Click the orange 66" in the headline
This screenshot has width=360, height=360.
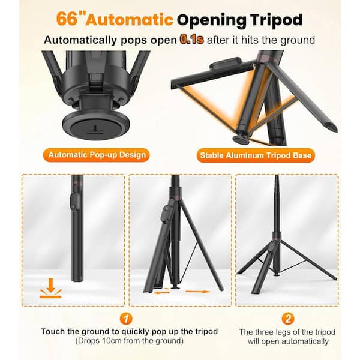coord(70,19)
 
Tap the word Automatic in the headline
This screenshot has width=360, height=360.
coord(130,20)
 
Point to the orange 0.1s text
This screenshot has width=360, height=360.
coord(192,40)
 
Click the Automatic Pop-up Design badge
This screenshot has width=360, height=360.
coord(97,155)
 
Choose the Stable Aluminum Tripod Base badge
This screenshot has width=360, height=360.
coord(256,155)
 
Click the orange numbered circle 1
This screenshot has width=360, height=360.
coord(126,319)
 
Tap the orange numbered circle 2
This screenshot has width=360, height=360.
coord(287,319)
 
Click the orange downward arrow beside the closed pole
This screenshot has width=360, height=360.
coord(50,288)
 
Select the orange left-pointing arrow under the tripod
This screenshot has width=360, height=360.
coord(162,292)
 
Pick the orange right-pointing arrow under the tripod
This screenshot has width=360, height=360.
coord(198,292)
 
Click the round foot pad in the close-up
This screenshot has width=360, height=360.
coord(96,125)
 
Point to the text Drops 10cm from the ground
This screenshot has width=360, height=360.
coord(129,341)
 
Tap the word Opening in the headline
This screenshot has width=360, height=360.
coord(212,20)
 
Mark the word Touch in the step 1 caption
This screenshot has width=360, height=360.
coord(53,332)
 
